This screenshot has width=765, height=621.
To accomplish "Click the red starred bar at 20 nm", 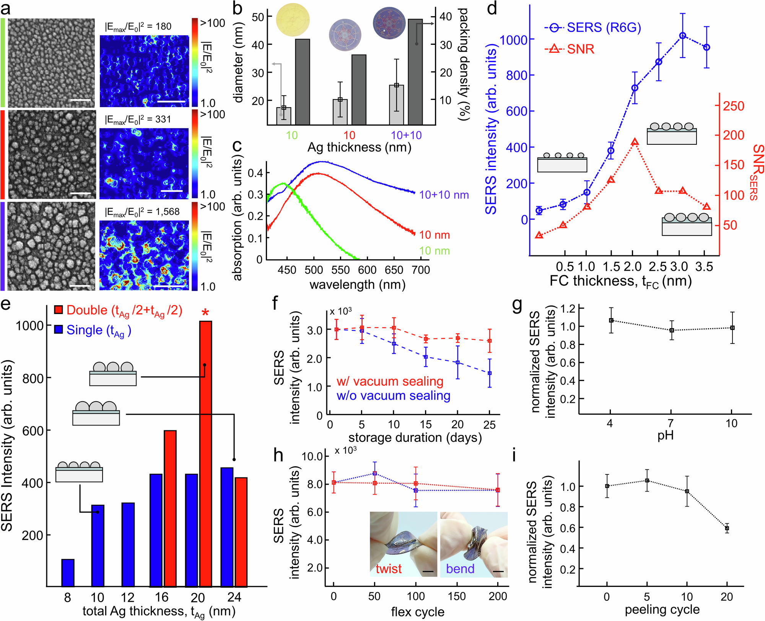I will [206, 454].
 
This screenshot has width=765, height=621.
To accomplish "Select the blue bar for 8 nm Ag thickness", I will [68, 573].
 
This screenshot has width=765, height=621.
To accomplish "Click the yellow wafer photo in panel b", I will [293, 20].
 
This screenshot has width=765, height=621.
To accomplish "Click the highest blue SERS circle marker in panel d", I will [683, 36].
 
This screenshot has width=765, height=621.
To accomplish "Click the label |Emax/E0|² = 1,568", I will [142, 212].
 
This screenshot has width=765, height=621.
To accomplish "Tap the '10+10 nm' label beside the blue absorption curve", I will [444, 195].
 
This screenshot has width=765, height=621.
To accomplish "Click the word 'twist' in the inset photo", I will [389, 569].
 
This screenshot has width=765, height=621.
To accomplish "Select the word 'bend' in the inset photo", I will [460, 569].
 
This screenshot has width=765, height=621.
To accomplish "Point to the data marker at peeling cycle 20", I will [727, 528].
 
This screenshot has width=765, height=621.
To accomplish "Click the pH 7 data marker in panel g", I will [672, 330].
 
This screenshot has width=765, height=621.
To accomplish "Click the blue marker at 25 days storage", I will [490, 373].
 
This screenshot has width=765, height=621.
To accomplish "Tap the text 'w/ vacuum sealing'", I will [390, 381].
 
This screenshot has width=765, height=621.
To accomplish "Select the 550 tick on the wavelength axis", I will [340, 270].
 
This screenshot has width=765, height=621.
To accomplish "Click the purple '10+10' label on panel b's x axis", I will [406, 135].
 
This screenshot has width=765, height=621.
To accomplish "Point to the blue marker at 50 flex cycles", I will [375, 474].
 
